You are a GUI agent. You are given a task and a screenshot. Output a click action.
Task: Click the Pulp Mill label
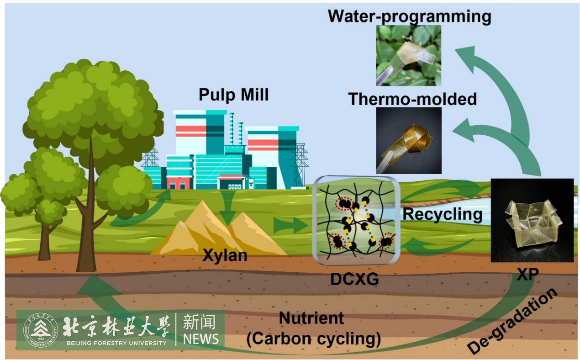233,95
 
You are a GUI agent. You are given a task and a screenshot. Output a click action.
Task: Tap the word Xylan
225,255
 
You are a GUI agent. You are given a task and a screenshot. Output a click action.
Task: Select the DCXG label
355,278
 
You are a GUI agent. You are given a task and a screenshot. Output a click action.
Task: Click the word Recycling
443,214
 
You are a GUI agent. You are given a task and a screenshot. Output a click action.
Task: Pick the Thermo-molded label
412,99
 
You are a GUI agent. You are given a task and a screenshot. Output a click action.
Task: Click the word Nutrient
311,318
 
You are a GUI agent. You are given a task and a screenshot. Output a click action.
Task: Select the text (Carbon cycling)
314,339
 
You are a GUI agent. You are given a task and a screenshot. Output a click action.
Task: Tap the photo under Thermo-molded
408,140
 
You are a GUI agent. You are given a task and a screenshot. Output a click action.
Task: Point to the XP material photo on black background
532,220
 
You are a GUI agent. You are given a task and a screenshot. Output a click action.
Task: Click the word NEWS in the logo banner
200,339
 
